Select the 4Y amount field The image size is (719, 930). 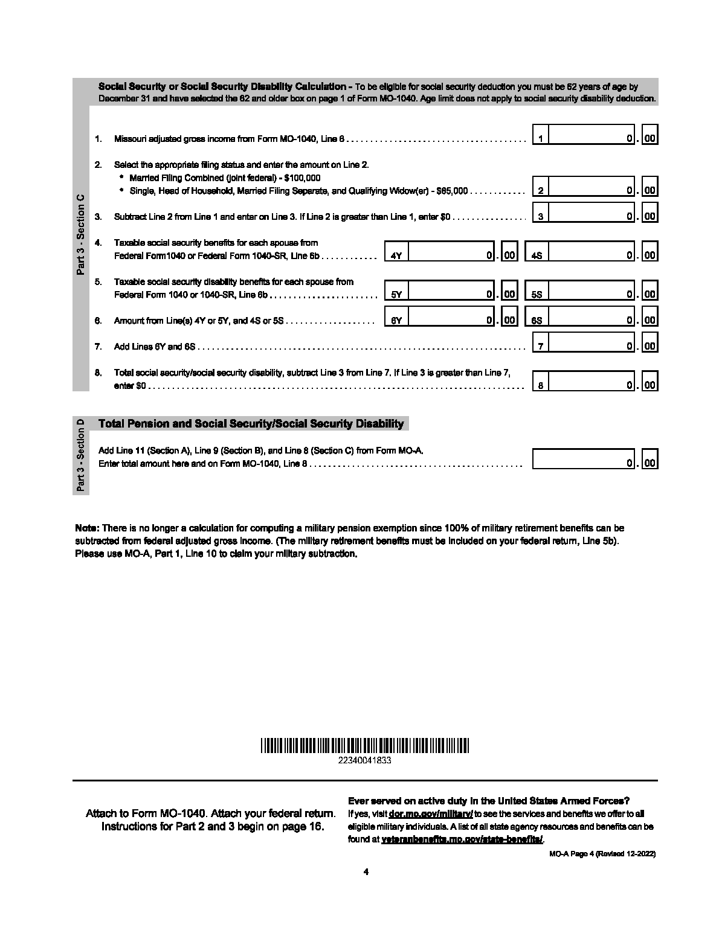pos(451,252)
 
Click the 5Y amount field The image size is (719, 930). pos(451,291)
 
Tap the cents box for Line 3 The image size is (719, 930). pos(650,213)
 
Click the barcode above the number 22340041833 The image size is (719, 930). pos(365,745)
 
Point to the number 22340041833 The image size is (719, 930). pos(365,761)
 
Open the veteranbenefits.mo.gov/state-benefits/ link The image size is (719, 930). pos(462,839)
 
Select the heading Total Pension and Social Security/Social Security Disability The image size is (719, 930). pos(251,423)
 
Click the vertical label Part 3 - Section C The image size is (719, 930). pos(81,235)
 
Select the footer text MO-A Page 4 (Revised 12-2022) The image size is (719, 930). pos(602,854)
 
